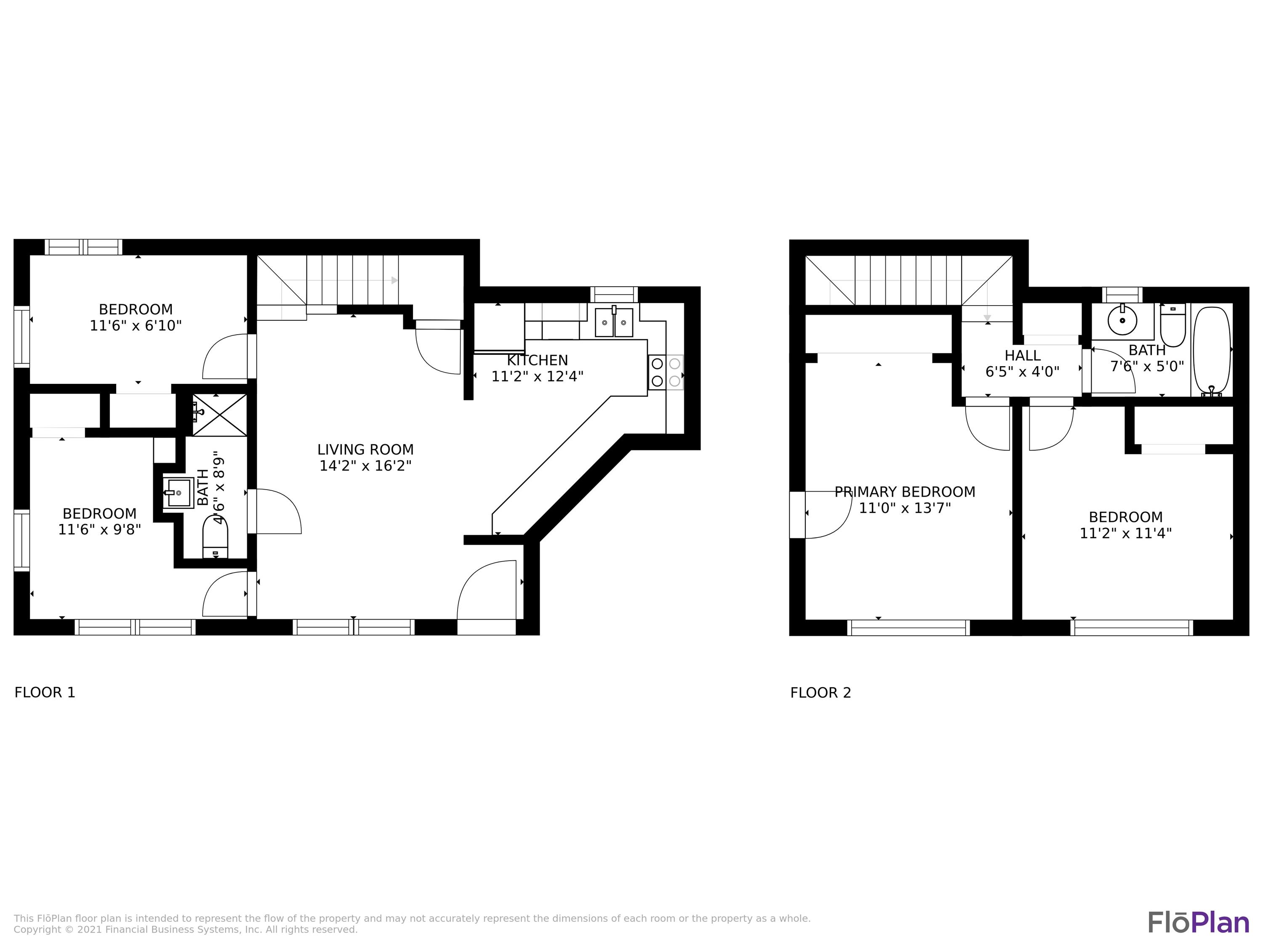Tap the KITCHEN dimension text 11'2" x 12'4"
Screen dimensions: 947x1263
pyautogui.click(x=537, y=377)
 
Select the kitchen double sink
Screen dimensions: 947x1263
pyautogui.click(x=614, y=322)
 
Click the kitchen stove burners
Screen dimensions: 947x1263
pyautogui.click(x=666, y=372)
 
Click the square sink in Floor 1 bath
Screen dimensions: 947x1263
pyautogui.click(x=178, y=492)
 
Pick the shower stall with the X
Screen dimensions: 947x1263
pyautogui.click(x=220, y=415)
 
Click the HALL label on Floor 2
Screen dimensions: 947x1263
pyautogui.click(x=1022, y=356)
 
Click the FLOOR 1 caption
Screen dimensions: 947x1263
pyautogui.click(x=45, y=692)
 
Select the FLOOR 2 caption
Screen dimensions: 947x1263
pyautogui.click(x=820, y=693)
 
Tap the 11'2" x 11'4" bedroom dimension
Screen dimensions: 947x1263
pyautogui.click(x=1125, y=533)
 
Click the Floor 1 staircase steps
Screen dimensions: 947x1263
pyautogui.click(x=352, y=280)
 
